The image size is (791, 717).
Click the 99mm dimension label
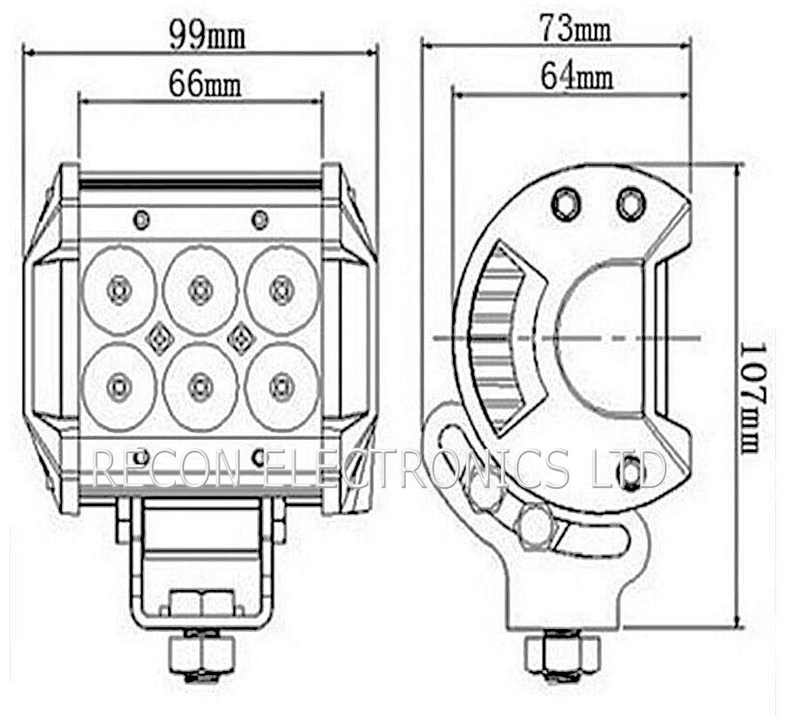pyautogui.click(x=206, y=34)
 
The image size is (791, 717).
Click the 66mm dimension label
pyautogui.click(x=205, y=85)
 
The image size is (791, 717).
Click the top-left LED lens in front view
pyautogui.click(x=118, y=288)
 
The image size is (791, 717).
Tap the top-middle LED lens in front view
pyautogui.click(x=200, y=288)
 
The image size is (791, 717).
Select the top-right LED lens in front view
pyautogui.click(x=281, y=288)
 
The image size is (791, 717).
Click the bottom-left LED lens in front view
pyautogui.click(x=118, y=384)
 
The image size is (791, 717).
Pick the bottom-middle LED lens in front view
pyautogui.click(x=200, y=384)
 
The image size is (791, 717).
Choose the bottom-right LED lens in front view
pyautogui.click(x=281, y=384)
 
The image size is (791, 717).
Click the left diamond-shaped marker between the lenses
pyautogui.click(x=159, y=337)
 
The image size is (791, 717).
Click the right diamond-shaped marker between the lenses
pyautogui.click(x=240, y=337)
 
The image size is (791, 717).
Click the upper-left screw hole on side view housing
pyautogui.click(x=566, y=204)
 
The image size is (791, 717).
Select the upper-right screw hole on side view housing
pyautogui.click(x=630, y=204)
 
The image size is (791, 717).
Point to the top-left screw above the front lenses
pyautogui.click(x=141, y=219)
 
